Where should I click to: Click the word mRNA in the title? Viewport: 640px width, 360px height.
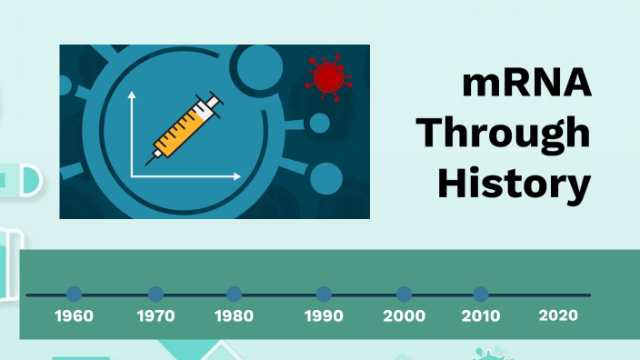525,85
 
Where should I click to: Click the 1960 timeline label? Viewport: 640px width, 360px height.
75,316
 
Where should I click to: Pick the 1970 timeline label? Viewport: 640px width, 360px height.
156,316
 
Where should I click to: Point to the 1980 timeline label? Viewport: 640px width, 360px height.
235,316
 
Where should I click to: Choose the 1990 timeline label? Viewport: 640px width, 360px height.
324,316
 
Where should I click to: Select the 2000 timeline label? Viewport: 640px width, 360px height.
404,316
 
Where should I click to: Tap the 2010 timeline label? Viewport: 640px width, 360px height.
481,316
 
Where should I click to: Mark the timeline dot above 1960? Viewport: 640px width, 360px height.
75,295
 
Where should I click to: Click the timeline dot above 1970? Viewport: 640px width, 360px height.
156,295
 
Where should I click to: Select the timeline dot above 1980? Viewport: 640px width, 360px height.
235,295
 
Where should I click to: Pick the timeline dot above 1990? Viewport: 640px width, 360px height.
324,295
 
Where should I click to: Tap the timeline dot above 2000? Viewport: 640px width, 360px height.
404,295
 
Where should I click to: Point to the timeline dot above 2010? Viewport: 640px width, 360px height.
481,295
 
